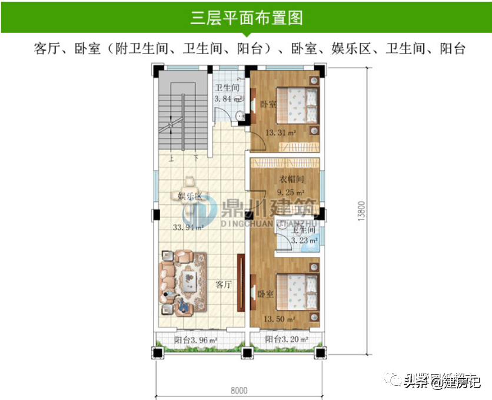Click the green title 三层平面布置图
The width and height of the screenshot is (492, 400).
pyautogui.click(x=246, y=18)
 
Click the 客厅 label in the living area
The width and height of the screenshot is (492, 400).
pyautogui.click(x=223, y=285)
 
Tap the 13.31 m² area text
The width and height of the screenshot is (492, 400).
pyautogui.click(x=280, y=133)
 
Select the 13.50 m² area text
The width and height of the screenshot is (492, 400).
pyautogui.click(x=279, y=319)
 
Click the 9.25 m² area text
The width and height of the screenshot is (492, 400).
pyautogui.click(x=291, y=192)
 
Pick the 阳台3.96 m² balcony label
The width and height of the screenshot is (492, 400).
pyautogui.click(x=196, y=340)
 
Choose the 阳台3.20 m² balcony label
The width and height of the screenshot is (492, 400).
pyautogui.click(x=286, y=340)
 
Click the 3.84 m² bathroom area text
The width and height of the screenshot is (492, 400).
pyautogui.click(x=227, y=98)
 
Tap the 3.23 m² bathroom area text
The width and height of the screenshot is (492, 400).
pyautogui.click(x=305, y=240)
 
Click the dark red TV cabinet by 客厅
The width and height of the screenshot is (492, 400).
pyautogui.click(x=240, y=283)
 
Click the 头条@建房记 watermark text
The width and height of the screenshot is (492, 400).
pyautogui.click(x=442, y=382)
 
